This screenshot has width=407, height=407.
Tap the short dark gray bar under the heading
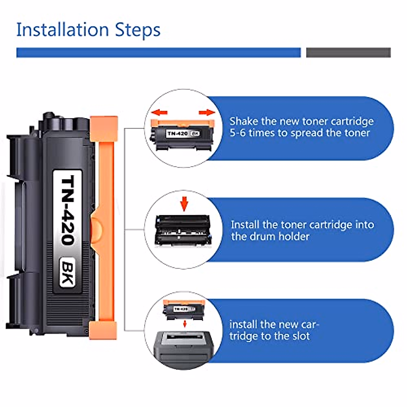(348, 53)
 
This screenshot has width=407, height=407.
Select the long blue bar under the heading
(158, 53)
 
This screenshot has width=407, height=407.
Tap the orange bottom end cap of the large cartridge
(103, 330)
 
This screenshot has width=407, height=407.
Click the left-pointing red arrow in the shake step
(159, 112)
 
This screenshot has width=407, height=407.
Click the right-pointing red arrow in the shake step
(207, 113)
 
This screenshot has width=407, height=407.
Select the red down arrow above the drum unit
(184, 203)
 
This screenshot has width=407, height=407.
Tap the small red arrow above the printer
(185, 324)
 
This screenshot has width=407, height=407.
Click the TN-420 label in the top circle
(178, 133)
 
